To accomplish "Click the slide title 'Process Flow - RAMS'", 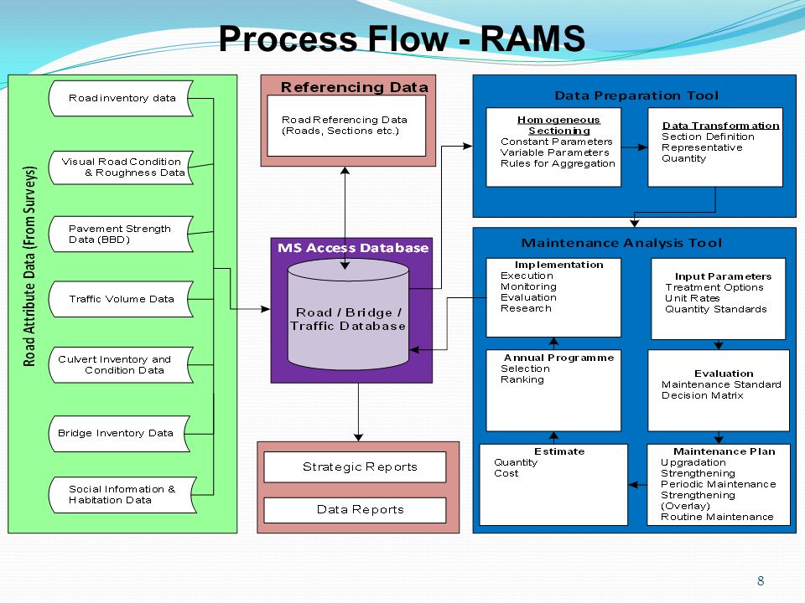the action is [x=402, y=39].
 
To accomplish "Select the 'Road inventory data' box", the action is [x=121, y=98].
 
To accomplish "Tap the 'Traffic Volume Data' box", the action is [x=121, y=299].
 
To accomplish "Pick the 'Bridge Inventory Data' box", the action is [x=120, y=433].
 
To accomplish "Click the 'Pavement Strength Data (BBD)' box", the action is [x=121, y=234].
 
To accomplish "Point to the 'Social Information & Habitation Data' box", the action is [x=122, y=495].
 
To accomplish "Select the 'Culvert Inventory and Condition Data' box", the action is [x=121, y=364].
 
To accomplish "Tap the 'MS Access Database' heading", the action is [x=353, y=248].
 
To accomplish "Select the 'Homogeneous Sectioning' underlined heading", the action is [x=558, y=125].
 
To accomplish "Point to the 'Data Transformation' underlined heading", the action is [x=720, y=125].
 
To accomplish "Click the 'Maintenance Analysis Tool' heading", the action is [x=621, y=243].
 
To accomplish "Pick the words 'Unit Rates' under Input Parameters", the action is [x=692, y=298].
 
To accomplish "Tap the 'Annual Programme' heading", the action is [x=558, y=358].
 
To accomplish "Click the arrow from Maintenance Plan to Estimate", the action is [x=637, y=485].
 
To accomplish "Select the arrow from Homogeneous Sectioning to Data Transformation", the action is [x=635, y=147].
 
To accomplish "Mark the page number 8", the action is [x=761, y=580].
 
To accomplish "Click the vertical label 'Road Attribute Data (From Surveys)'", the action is [x=30, y=266].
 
